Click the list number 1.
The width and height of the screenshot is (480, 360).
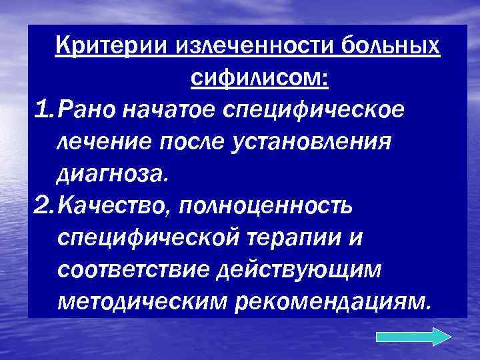(41, 110)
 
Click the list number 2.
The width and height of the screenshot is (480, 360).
(41, 207)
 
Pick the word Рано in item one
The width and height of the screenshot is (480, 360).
(83, 110)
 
